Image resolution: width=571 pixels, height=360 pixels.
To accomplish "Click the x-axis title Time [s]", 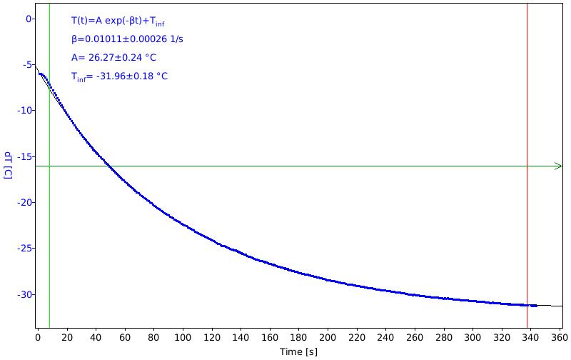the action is click(x=298, y=351).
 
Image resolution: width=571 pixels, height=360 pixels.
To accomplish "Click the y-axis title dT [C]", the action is click(x=8, y=166).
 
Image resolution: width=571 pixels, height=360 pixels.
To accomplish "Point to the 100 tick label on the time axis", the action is click(x=183, y=338).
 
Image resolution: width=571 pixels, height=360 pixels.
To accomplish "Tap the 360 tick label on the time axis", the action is click(x=560, y=338).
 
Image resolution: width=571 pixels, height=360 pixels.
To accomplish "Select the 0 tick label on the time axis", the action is click(x=38, y=338).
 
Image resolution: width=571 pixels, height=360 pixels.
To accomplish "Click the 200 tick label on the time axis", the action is click(x=328, y=338).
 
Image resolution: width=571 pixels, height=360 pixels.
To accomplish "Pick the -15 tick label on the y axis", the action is click(x=24, y=156).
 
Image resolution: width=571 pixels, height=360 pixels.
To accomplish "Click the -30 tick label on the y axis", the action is click(x=24, y=294).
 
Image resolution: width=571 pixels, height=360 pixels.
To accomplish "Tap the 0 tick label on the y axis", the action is click(x=29, y=19).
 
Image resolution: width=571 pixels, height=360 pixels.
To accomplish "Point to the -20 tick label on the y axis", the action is click(x=24, y=203).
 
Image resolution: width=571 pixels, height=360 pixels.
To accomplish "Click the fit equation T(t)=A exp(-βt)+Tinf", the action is click(x=118, y=21).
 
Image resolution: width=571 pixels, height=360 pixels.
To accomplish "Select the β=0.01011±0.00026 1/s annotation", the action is click(x=127, y=39).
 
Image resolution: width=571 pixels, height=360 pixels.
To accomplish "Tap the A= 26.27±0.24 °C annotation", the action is click(x=113, y=58).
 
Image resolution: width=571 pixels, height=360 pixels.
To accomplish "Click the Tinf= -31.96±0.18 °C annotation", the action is click(x=119, y=76).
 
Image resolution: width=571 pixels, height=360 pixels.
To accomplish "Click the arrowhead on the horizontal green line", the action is click(x=559, y=166).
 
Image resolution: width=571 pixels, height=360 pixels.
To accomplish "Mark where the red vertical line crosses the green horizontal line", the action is click(x=527, y=166).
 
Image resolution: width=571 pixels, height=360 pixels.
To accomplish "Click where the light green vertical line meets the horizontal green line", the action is click(x=49, y=166).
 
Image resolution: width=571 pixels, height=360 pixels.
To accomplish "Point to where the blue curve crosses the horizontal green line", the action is click(x=109, y=166).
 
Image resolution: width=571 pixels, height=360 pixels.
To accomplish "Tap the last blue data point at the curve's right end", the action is click(x=536, y=306).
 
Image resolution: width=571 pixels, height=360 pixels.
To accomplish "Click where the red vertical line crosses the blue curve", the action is click(x=527, y=305).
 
